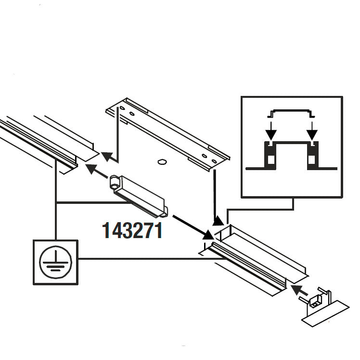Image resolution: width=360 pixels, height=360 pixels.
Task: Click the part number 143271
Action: (132, 230)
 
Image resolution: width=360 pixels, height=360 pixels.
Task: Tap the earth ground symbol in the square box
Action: (55, 262)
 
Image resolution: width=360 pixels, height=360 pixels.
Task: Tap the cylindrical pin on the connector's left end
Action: (115, 182)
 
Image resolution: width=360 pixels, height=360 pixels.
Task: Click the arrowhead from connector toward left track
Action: (90, 168)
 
